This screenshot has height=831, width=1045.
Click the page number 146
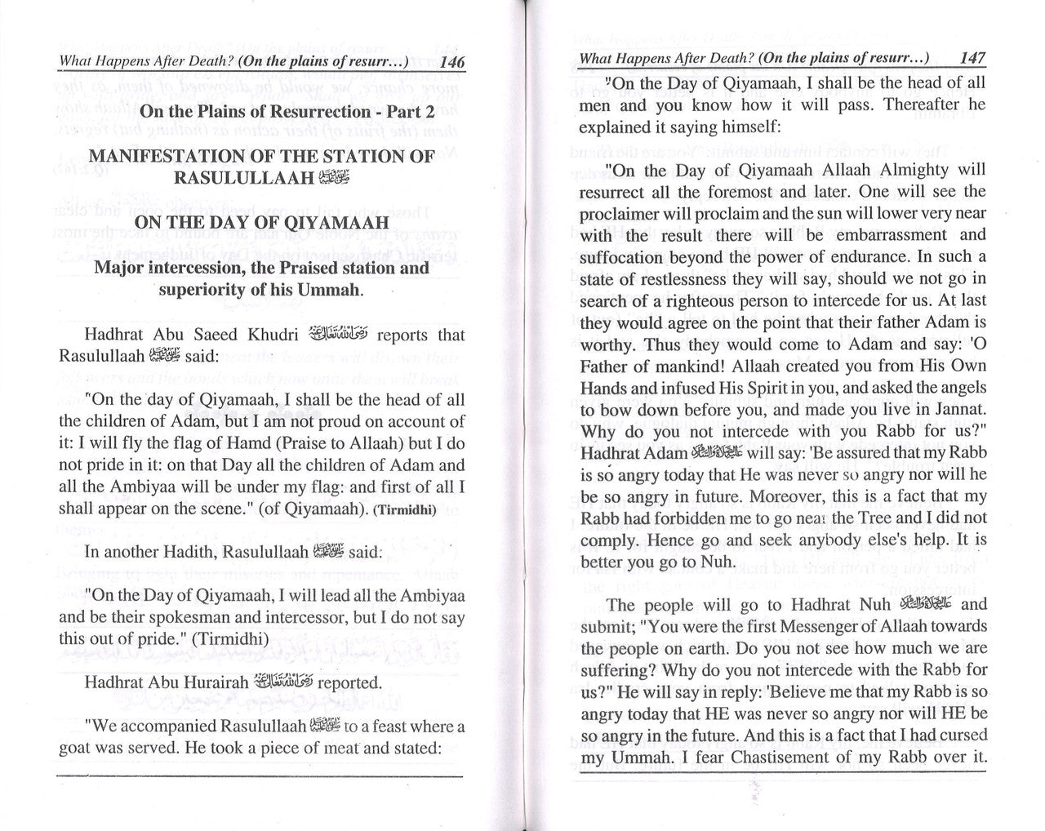click(451, 63)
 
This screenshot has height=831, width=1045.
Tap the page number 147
click(972, 59)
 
